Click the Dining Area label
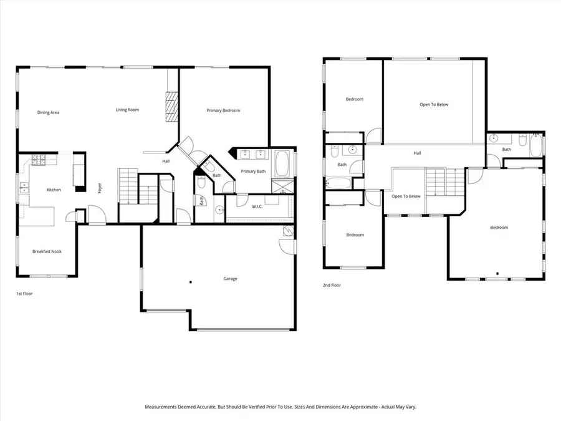point(48,112)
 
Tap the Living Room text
point(127,110)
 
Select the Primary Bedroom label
point(223,110)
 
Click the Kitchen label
point(54,190)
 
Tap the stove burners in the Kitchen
point(39,160)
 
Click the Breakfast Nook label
point(47,251)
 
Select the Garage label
point(230,279)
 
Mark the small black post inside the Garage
point(190,282)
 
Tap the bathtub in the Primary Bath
point(282,163)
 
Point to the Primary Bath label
point(252,171)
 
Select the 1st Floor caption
point(24,293)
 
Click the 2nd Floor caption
point(332,285)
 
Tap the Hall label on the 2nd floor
point(417,153)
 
